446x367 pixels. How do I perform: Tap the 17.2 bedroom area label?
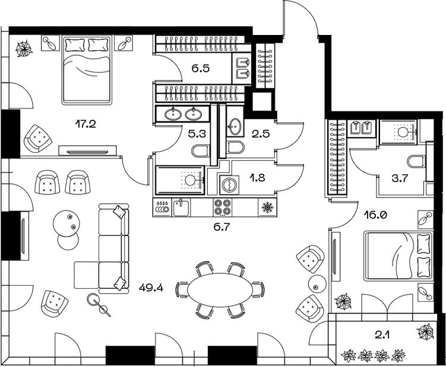click(86, 124)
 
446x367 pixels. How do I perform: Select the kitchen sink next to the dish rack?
click(182, 208)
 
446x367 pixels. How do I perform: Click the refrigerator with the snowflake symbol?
click(267, 208)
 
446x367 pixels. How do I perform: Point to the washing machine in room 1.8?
click(227, 186)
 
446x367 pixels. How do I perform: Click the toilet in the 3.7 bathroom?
click(416, 161)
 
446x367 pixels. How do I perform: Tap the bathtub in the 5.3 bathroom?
click(179, 180)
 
